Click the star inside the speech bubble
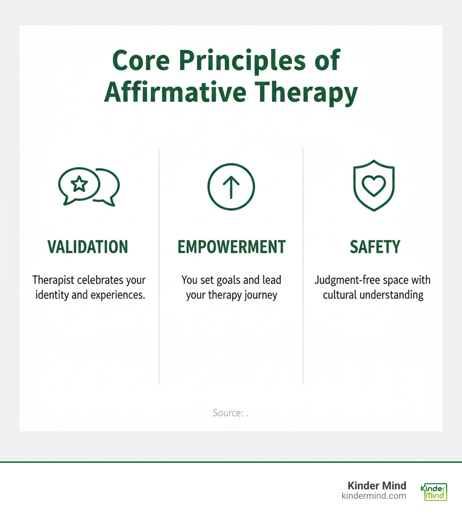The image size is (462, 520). click(x=79, y=184)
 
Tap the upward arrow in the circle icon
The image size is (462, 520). click(x=231, y=186)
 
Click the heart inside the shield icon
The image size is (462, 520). click(x=374, y=186)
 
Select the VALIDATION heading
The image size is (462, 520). click(x=88, y=247)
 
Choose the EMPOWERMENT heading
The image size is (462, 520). click(x=231, y=247)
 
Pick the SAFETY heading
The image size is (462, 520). click(x=374, y=247)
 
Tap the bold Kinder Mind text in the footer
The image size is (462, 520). click(x=377, y=486)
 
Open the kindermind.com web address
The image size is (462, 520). click(x=374, y=496)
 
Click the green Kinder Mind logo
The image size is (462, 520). click(x=434, y=492)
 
